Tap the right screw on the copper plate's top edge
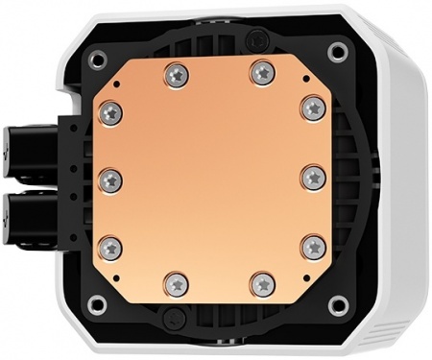click(261, 71)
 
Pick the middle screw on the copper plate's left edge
click(110, 179)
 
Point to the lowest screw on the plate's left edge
click(111, 249)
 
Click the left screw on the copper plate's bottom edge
click(174, 283)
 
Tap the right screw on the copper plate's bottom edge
click(262, 283)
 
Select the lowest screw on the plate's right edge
click(314, 249)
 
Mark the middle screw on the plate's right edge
click(315, 179)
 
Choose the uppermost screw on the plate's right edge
click(314, 108)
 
